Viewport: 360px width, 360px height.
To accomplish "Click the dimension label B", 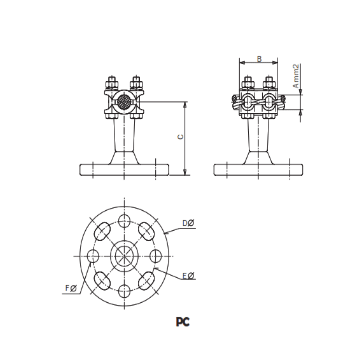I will [259, 59].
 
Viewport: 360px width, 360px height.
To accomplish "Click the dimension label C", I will [180, 137].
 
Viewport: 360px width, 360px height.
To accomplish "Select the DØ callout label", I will [188, 223].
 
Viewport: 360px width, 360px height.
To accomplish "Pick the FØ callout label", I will [71, 289].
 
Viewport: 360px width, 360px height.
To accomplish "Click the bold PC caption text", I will [183, 322].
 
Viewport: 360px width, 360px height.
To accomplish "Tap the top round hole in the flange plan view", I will [124, 220].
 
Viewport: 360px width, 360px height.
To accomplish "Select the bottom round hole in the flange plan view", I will [124, 291].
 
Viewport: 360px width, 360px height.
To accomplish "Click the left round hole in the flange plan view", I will [93, 256].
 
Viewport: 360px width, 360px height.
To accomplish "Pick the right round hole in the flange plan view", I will [156, 256].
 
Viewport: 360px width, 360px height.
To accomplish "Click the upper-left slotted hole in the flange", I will [103, 231].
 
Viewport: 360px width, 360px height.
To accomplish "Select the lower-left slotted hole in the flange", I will [103, 281].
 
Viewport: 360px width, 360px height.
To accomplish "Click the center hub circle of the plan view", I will [124, 256].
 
